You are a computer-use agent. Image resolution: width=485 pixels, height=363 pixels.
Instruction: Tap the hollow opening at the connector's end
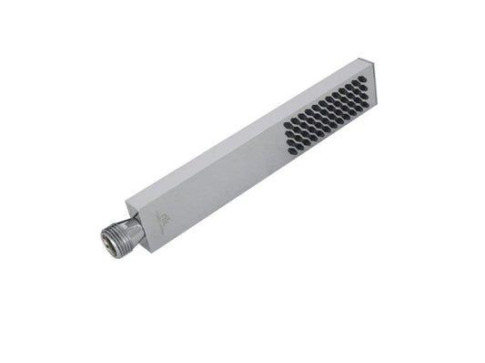coord(106,239)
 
